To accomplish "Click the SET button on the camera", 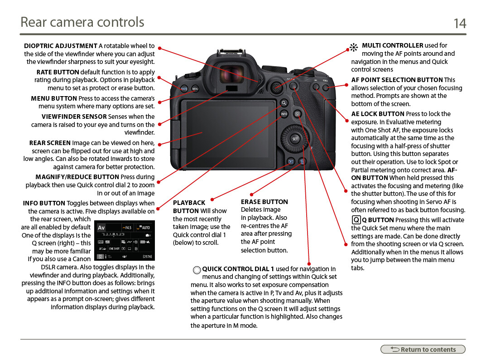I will [295, 139].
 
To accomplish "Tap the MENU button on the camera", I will [195, 89].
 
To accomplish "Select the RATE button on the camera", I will [184, 89].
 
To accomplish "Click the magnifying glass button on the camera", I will [284, 103].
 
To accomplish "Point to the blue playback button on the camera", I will [290, 161].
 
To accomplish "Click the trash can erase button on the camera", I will [302, 161].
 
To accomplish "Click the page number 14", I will [460, 23].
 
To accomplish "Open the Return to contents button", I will [423, 350].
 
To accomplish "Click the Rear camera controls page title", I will [82, 22].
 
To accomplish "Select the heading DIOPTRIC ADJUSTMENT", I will [61, 46].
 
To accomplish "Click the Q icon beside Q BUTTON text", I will [356, 220].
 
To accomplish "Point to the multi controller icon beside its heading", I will [354, 48].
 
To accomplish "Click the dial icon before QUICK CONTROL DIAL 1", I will [197, 270].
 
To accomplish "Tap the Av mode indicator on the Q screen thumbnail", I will [101, 228].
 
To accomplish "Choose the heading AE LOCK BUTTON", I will [378, 114].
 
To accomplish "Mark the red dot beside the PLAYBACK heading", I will [212, 199].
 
